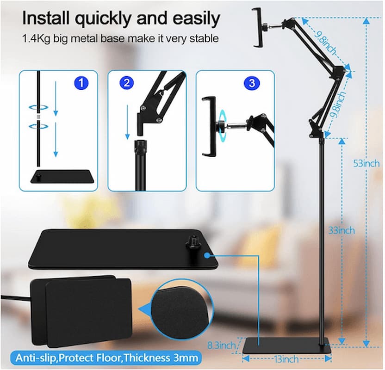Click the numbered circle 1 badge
81,83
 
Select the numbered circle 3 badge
251,83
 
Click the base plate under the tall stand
287,345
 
